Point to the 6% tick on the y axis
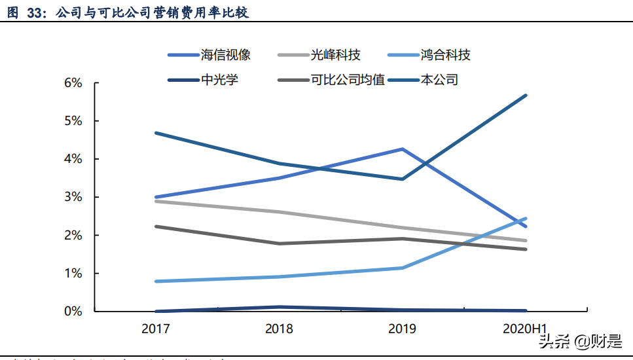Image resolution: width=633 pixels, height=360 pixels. [x=73, y=83]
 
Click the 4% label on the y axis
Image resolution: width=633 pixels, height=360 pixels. [x=73, y=159]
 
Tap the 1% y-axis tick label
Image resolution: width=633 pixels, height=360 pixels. [x=73, y=273]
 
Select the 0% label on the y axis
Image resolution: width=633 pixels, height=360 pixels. [x=73, y=311]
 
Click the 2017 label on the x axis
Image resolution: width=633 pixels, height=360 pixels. [x=156, y=329]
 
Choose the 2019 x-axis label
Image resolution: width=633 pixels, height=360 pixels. [x=402, y=329]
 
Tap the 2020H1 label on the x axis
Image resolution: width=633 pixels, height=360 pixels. [x=526, y=329]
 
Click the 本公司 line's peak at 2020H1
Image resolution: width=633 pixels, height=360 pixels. [x=526, y=96]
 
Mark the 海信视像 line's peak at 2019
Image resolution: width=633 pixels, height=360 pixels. [x=402, y=149]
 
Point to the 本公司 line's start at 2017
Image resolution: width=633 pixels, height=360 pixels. [x=156, y=133]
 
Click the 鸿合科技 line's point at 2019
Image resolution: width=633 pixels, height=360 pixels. [x=402, y=268]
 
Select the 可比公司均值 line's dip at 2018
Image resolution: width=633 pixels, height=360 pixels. [x=279, y=243]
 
